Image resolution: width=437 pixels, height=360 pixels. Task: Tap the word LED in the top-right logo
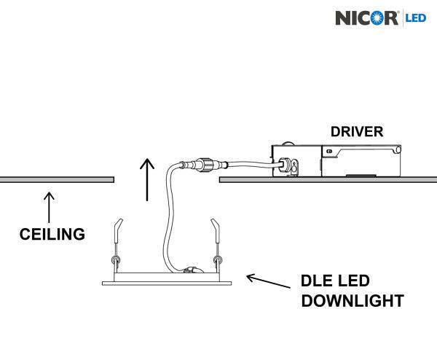tap(417, 17)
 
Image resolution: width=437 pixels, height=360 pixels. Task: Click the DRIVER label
tap(357, 132)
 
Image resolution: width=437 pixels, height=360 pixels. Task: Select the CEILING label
tap(52, 235)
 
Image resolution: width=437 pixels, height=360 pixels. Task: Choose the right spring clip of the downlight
tap(215, 244)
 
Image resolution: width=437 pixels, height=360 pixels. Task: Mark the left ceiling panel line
tap(57, 179)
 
